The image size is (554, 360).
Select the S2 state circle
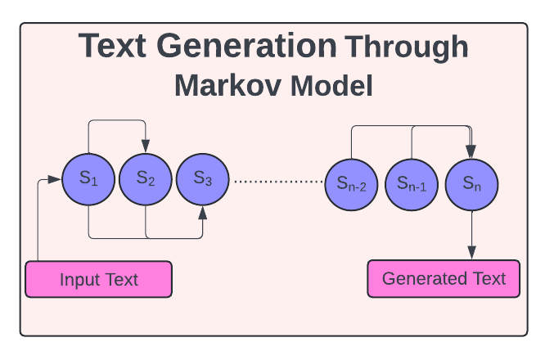(x=146, y=179)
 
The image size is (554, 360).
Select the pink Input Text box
(x=99, y=279)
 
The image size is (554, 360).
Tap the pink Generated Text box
(x=444, y=278)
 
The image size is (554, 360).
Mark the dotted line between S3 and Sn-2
(x=278, y=181)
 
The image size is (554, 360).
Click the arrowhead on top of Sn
(x=471, y=151)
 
